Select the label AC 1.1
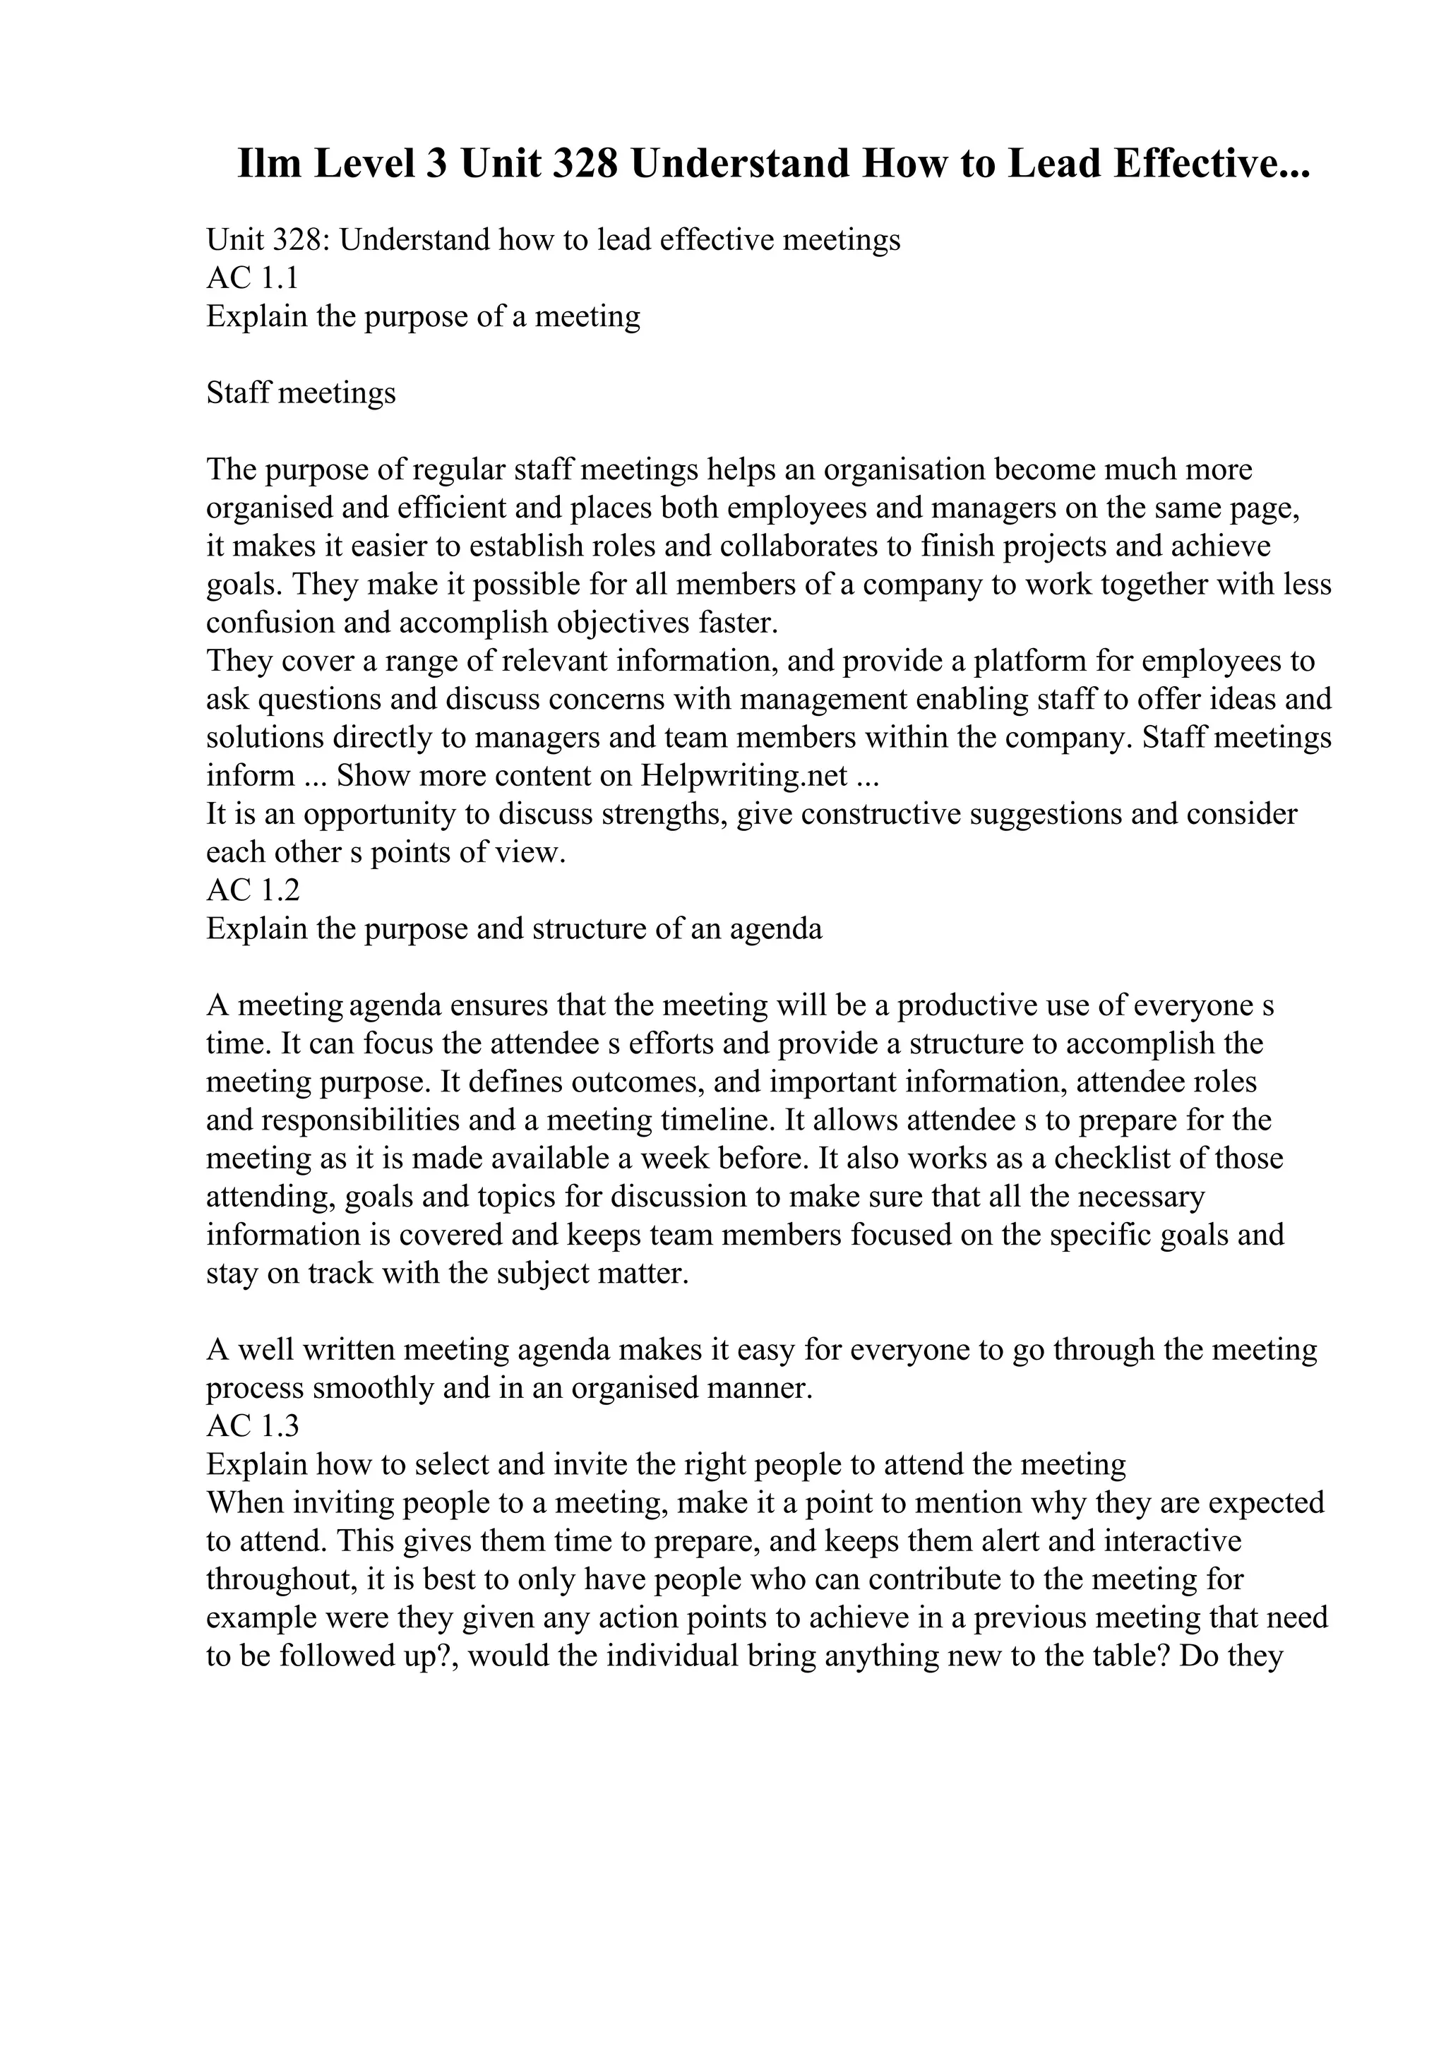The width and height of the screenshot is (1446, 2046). (x=252, y=278)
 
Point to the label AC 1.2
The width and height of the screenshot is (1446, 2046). (x=253, y=890)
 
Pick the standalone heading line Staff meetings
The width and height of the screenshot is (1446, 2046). (x=301, y=393)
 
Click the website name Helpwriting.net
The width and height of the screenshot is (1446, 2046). (x=744, y=775)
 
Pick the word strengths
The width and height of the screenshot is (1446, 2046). (x=667, y=813)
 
